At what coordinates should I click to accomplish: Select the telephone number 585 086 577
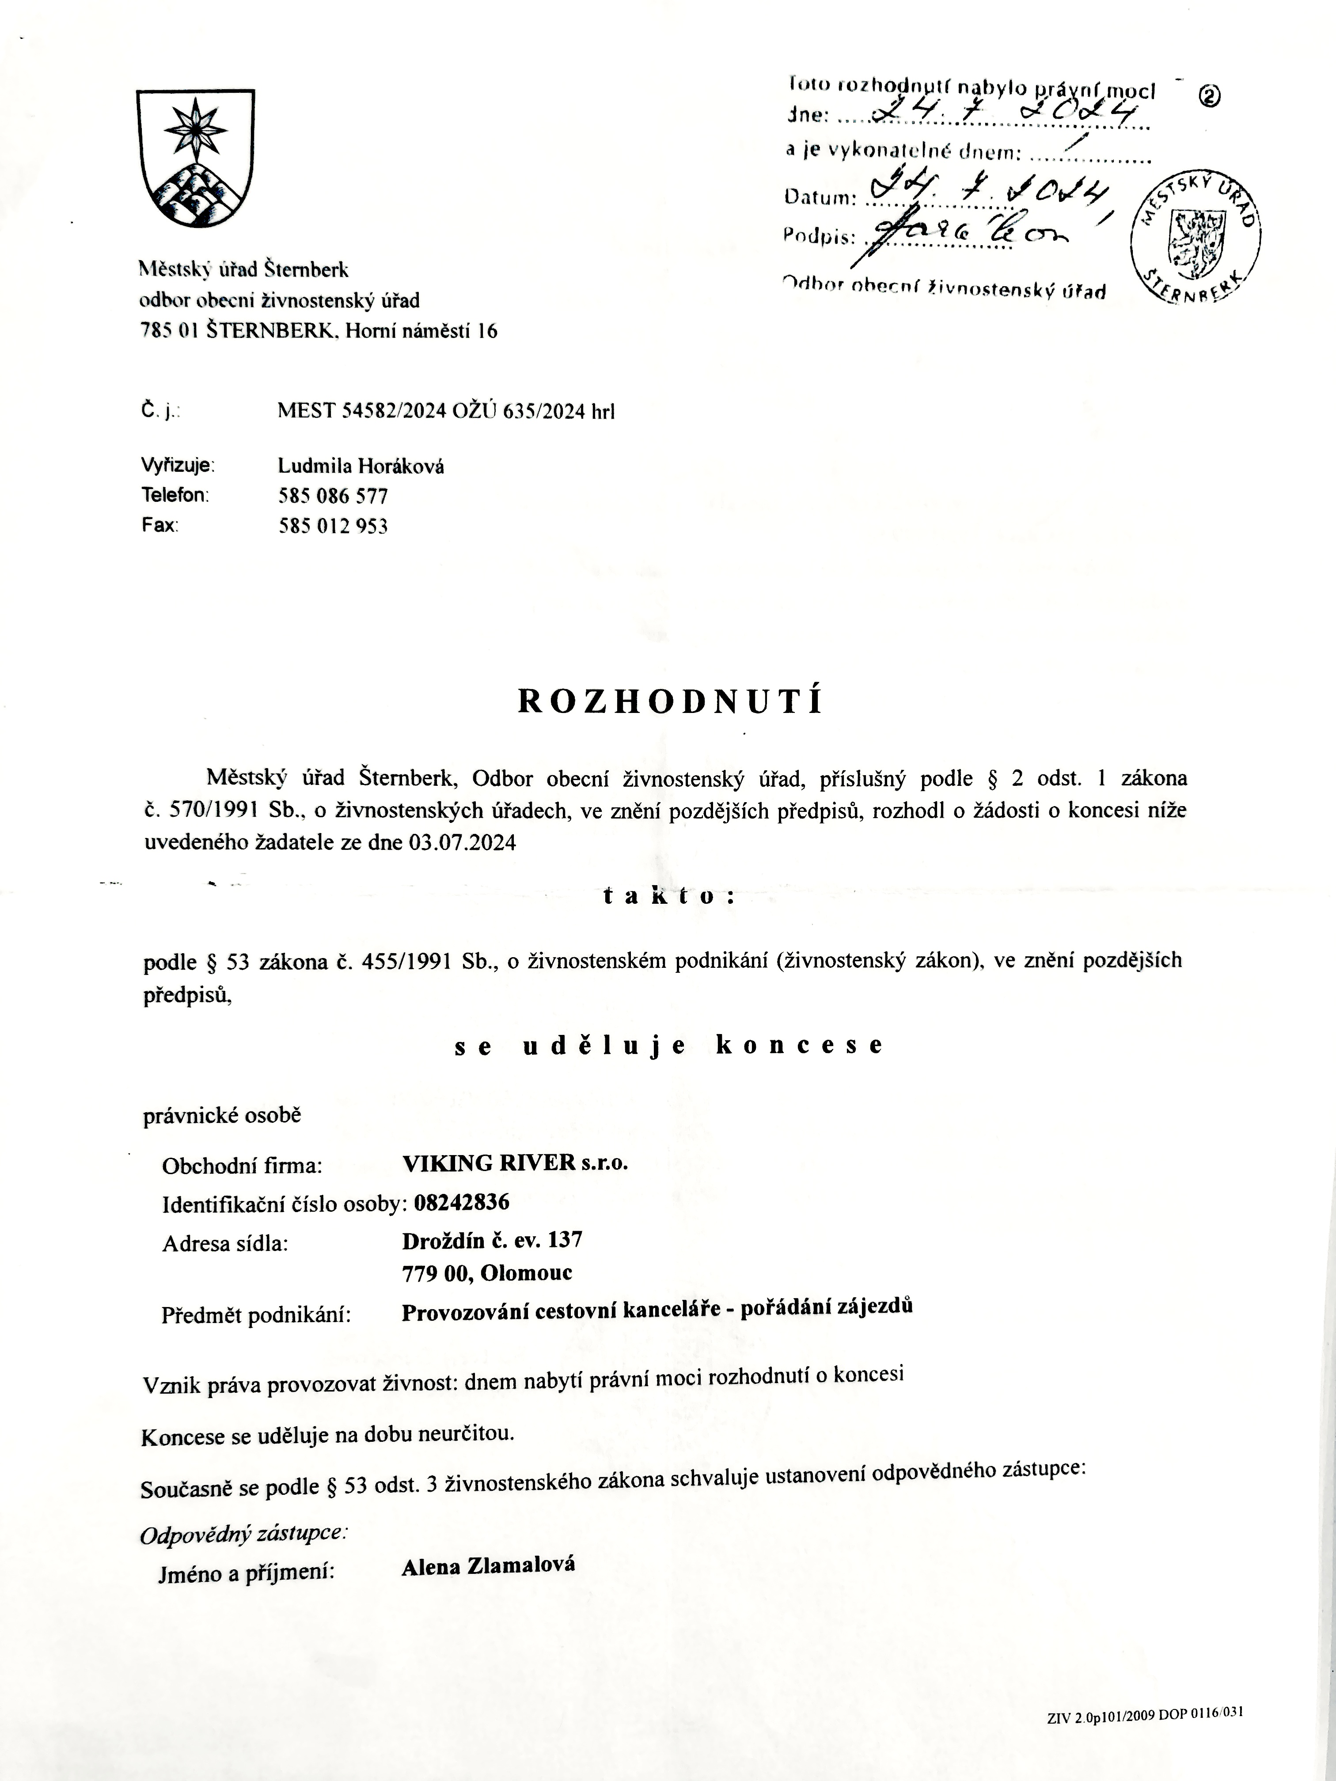coord(333,496)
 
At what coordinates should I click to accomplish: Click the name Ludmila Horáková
coord(361,466)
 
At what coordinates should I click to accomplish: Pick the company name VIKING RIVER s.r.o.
coord(515,1163)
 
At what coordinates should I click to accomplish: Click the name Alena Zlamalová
coord(488,1565)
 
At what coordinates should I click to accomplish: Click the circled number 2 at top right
coord(1210,96)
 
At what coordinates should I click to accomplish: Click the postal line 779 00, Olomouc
coord(487,1273)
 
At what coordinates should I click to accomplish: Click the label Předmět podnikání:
coord(256,1315)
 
